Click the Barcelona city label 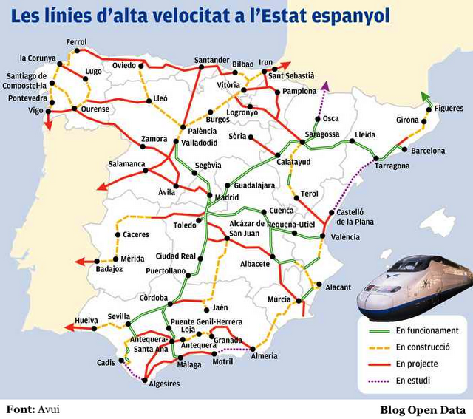(x=428, y=151)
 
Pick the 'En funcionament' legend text (x=427, y=330)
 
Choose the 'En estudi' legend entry (x=413, y=381)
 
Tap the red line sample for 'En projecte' (x=379, y=364)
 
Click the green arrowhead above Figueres (x=423, y=95)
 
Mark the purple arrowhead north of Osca (x=324, y=86)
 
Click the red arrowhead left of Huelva (x=69, y=325)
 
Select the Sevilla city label (x=118, y=316)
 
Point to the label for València (x=345, y=237)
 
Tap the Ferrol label (x=76, y=41)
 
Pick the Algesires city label (x=164, y=384)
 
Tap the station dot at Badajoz (x=115, y=259)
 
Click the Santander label (x=211, y=60)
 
